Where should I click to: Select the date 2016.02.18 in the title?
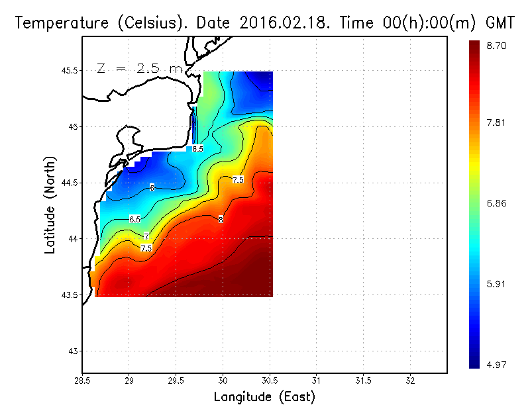[284, 23]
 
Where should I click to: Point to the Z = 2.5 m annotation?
[139, 68]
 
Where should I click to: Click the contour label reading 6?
[152, 189]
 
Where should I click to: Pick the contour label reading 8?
[220, 219]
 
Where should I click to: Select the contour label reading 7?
[146, 236]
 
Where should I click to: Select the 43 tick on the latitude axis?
[72, 351]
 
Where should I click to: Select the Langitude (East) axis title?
[264, 397]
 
